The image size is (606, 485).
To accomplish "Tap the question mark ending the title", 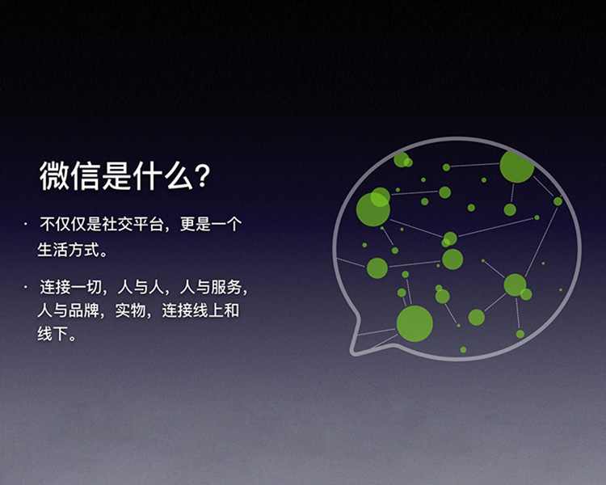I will (x=205, y=176).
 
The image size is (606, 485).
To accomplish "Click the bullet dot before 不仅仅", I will (x=25, y=221).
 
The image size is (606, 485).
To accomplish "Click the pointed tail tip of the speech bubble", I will (x=353, y=352).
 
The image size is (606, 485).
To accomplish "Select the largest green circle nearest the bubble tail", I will (x=415, y=323).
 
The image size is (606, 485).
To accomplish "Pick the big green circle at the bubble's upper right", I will (x=516, y=166).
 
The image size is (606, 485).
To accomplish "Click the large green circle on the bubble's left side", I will (x=373, y=209).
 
